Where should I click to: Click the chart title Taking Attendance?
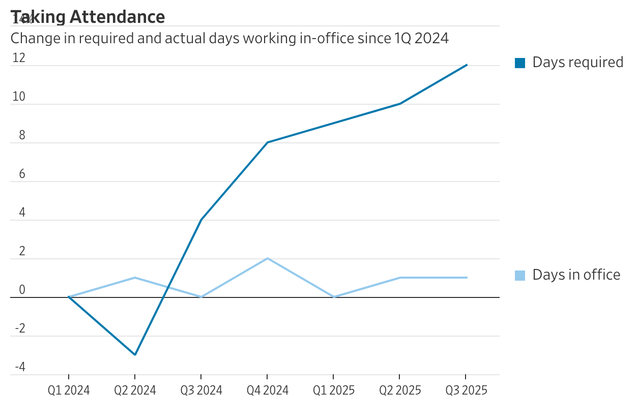click(88, 17)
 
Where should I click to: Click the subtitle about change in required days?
click(229, 38)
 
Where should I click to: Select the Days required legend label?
click(577, 63)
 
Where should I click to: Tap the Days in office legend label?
click(576, 275)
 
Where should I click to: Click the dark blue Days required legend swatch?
click(520, 63)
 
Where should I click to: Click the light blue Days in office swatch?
click(520, 276)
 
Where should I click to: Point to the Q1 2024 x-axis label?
click(69, 391)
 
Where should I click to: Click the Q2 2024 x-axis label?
click(135, 391)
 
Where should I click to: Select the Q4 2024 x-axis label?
click(268, 391)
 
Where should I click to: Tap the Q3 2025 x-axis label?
click(467, 391)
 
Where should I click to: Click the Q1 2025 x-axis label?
click(334, 391)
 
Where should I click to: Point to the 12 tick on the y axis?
click(19, 58)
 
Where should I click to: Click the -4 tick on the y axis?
click(20, 367)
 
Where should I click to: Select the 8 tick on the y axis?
click(22, 136)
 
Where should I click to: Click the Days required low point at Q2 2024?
click(135, 355)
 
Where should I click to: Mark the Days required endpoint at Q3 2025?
click(467, 65)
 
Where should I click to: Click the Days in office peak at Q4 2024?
click(268, 258)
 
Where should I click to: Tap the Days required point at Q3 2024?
click(201, 220)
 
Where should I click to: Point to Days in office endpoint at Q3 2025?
click(467, 278)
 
